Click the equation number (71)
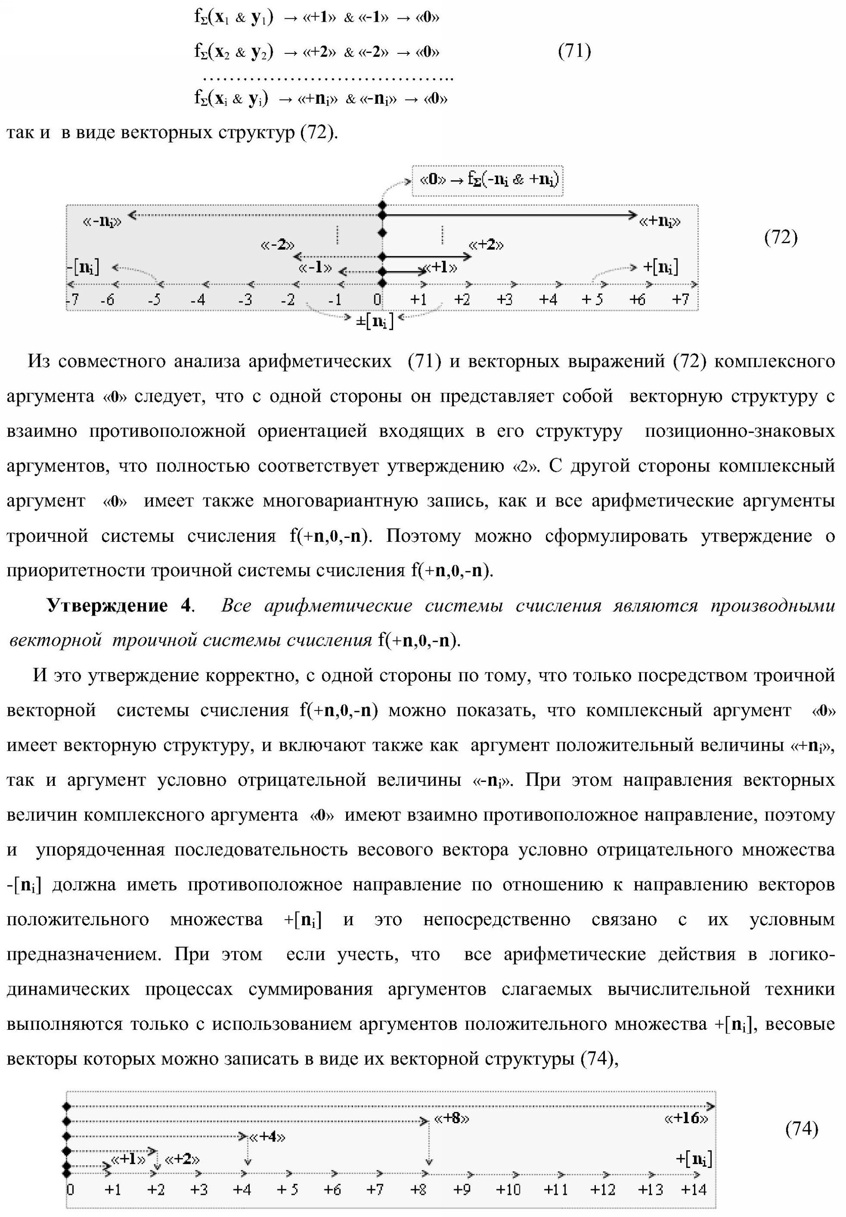coord(574,51)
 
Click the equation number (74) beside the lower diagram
coord(801,1128)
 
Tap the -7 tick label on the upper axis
coord(73,300)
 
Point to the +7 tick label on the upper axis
coord(680,300)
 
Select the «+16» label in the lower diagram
coord(686,1118)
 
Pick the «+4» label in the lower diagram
coord(267,1137)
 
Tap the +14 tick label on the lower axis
coord(693,1190)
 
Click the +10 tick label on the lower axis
coord(508,1190)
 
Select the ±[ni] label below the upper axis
coord(375,320)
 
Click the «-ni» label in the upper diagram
coord(102,221)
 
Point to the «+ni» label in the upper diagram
coord(660,221)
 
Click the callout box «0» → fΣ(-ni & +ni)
coord(488,180)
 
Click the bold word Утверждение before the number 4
coord(107,606)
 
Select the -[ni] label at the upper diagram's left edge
coord(84,267)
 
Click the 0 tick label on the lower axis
coord(70,1190)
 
